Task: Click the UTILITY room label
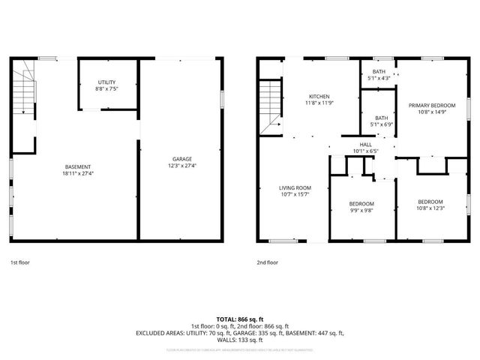point(107,82)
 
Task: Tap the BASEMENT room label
point(78,166)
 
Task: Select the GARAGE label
point(181,159)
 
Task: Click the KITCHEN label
point(320,97)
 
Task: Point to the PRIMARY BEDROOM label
point(432,106)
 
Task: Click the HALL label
point(365,144)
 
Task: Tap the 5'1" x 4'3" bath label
point(379,79)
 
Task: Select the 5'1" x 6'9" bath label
point(381,124)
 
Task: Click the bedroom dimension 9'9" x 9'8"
point(361,211)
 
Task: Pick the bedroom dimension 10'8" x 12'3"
point(430,208)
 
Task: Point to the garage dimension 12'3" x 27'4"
point(181,166)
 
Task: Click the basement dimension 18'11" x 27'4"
point(78,173)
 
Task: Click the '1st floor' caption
point(20,262)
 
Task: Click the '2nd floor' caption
point(267,262)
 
